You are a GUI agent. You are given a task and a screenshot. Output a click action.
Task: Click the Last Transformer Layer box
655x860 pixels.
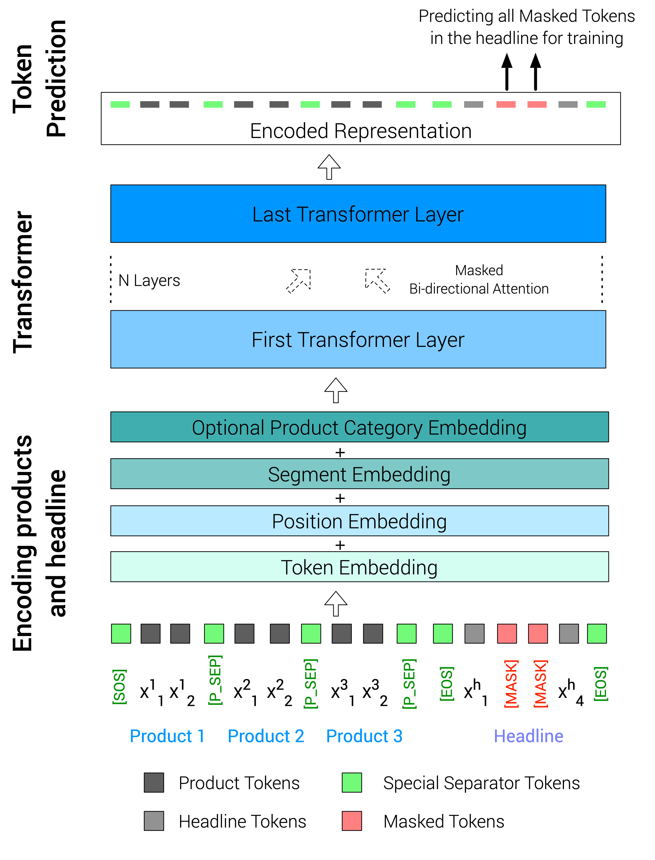[x=358, y=214]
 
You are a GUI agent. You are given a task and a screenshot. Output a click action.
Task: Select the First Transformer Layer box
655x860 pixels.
[x=358, y=339]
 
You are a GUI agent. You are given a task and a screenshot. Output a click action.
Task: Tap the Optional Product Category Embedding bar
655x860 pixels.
[x=359, y=427]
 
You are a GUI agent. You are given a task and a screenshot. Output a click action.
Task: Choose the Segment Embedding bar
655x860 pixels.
[x=359, y=474]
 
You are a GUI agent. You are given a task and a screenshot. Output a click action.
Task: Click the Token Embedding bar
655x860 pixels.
[x=359, y=567]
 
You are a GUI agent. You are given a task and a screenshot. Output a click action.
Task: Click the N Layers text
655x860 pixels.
[x=149, y=280]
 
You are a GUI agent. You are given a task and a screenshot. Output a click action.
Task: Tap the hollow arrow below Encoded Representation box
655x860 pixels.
[x=329, y=167]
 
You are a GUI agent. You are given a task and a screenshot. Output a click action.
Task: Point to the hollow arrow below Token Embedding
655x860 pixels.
[x=336, y=604]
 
